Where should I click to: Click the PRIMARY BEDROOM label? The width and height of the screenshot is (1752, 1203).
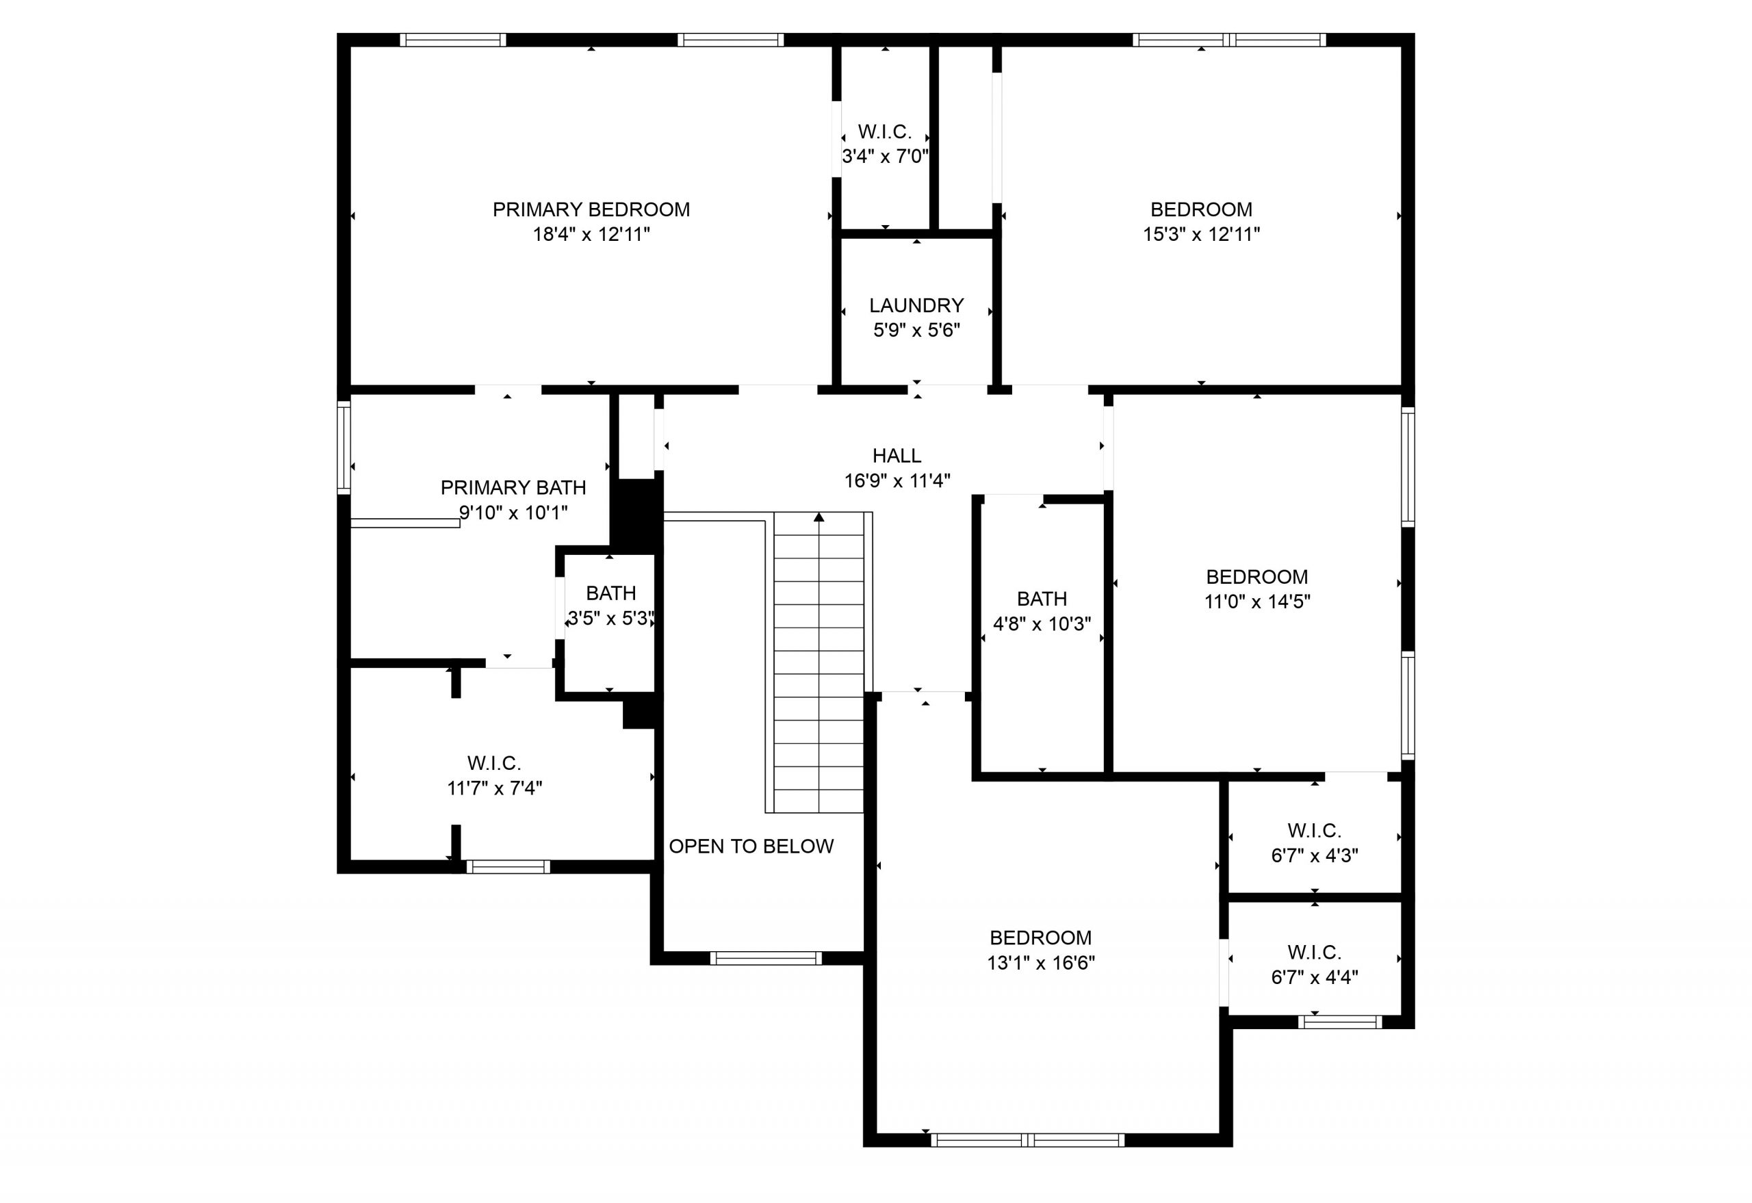click(x=591, y=209)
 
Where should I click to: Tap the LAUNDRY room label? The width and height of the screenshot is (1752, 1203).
click(x=916, y=305)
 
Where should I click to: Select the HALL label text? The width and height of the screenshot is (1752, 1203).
click(x=897, y=456)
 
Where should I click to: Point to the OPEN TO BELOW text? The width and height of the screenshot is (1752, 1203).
click(x=751, y=846)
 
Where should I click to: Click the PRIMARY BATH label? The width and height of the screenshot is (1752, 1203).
click(x=513, y=488)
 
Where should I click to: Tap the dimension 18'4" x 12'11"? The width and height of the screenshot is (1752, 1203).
click(x=591, y=235)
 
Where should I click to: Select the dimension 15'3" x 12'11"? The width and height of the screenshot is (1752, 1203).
click(x=1201, y=235)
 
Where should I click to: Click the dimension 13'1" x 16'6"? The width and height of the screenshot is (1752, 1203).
click(x=1040, y=963)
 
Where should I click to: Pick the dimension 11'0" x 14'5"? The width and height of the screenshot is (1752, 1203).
click(x=1257, y=602)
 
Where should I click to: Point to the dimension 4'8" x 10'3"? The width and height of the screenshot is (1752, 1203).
click(x=1042, y=624)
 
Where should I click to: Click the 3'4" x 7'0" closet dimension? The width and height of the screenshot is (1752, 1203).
click(x=885, y=157)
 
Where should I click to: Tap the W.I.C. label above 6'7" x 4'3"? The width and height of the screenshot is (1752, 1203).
click(x=1314, y=831)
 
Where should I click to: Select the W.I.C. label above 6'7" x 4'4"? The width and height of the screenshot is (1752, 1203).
click(x=1314, y=952)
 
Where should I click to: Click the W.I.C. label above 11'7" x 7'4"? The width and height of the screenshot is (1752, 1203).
click(x=494, y=763)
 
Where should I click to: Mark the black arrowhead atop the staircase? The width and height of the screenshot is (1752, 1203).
click(x=819, y=517)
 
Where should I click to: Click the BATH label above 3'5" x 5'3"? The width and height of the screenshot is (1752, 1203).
click(x=610, y=593)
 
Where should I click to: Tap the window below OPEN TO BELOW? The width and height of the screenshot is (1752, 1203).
click(x=765, y=958)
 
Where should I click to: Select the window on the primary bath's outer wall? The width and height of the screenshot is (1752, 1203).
click(x=344, y=447)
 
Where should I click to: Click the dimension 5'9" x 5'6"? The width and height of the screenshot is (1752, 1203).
click(x=916, y=330)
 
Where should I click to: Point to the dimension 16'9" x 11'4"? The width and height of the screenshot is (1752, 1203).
click(x=897, y=481)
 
